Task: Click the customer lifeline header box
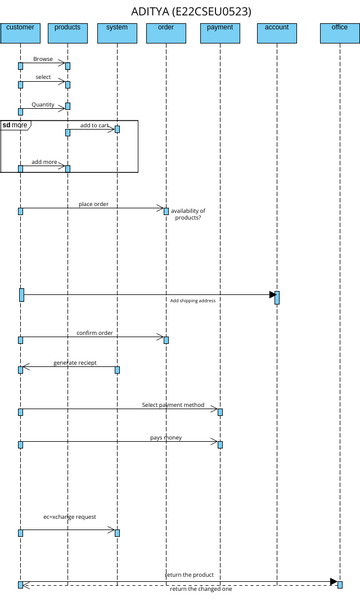coord(20,33)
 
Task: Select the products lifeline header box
coord(67,33)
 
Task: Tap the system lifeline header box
coord(117,33)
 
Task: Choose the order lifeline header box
coord(166,33)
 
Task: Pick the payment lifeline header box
coord(219,33)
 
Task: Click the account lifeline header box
coord(277,33)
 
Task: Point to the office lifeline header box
coord(339,33)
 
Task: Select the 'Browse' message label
coord(43,60)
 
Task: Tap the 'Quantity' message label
coord(43,104)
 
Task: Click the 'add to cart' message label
coord(94,125)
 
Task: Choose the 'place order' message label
coord(94,204)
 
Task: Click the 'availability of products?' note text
coord(188,214)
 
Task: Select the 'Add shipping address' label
coord(193,300)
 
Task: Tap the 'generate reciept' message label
coord(74,363)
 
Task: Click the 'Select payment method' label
coord(173,405)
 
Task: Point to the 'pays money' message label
coord(166,438)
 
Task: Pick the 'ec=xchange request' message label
coord(70,517)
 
